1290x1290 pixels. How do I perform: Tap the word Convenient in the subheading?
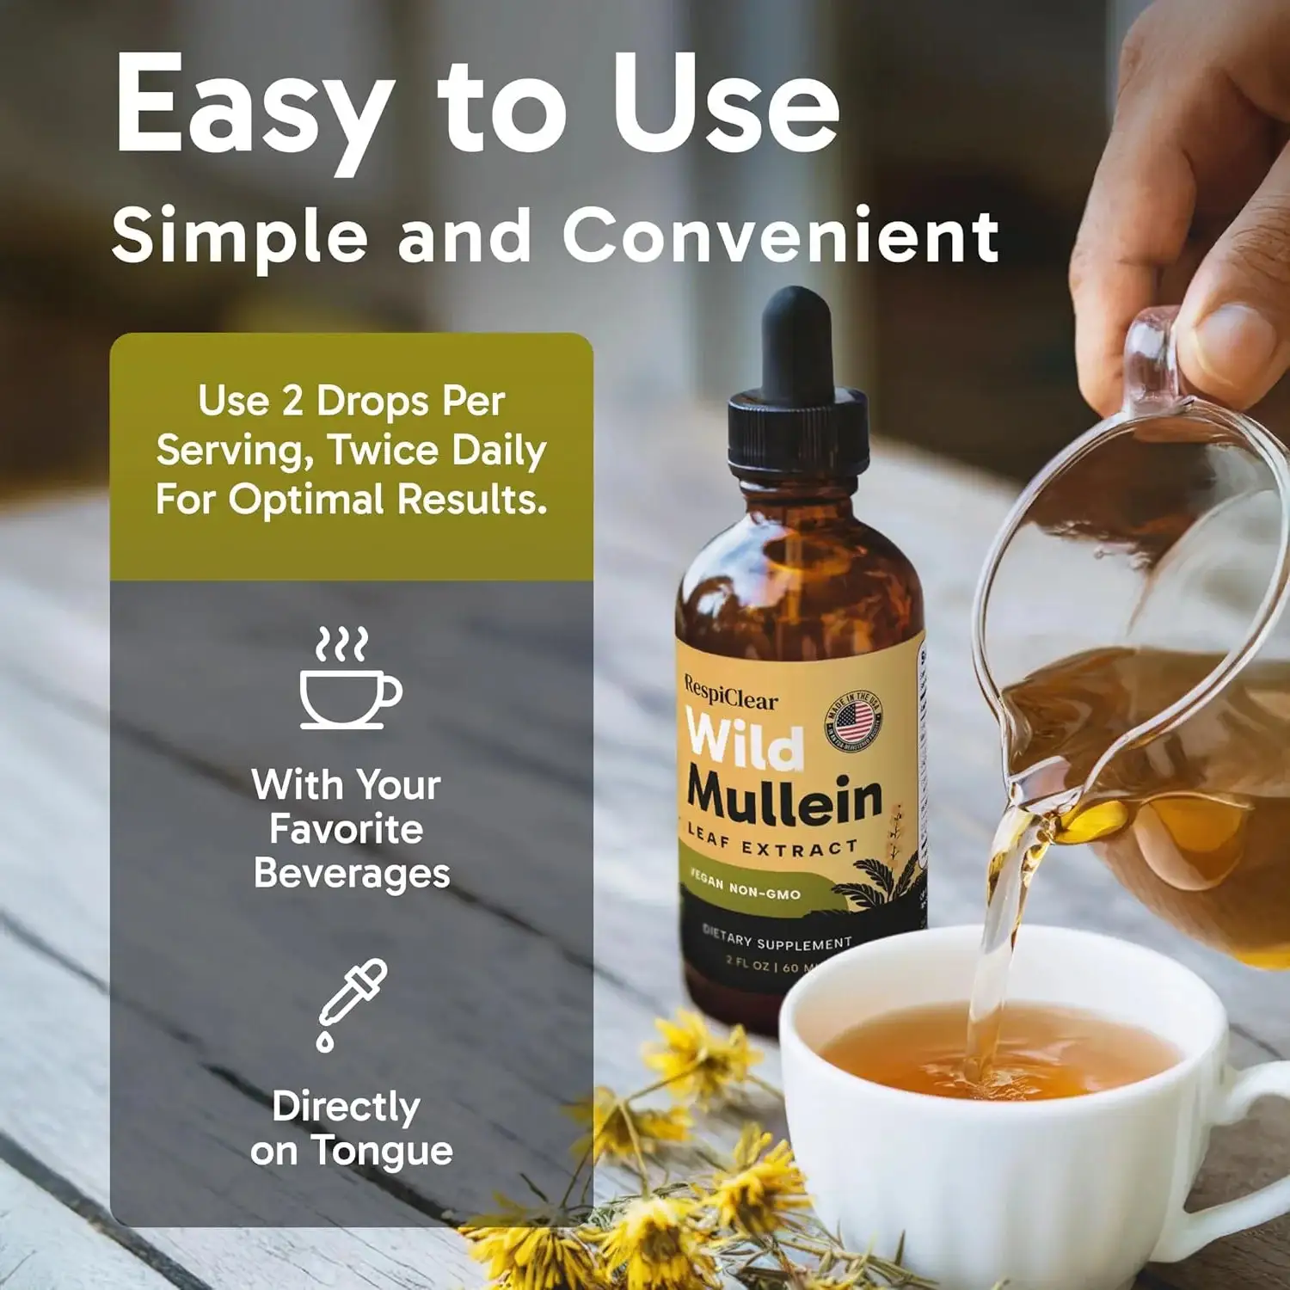pos(780,235)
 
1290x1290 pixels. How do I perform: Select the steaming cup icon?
pos(348,679)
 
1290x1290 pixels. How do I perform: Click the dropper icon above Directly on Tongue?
pos(352,1003)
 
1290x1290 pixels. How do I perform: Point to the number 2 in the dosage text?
pos(292,401)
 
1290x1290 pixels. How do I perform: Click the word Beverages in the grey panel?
pos(352,874)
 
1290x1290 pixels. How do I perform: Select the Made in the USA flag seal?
pos(854,720)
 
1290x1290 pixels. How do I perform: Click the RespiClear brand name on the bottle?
pos(731,693)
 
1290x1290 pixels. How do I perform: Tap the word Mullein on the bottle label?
pos(784,797)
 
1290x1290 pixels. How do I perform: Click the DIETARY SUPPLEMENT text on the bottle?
pos(777,937)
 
